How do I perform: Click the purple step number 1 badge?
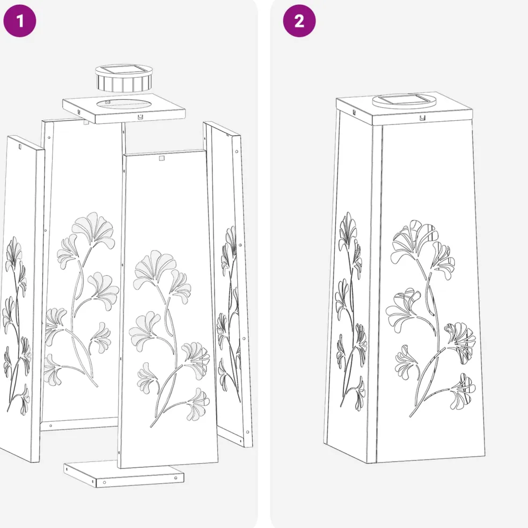[19, 20]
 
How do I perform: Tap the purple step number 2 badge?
[299, 20]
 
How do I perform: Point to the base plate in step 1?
[124, 474]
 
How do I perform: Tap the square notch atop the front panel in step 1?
[162, 158]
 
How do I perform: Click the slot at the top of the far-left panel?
[19, 146]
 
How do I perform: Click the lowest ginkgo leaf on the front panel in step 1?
[199, 404]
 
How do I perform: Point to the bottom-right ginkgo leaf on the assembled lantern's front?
[463, 391]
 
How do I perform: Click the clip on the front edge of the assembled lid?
[422, 118]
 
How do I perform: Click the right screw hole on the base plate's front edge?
[175, 478]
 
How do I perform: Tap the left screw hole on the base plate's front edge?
[105, 482]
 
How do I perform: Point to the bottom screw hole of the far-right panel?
[247, 432]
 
